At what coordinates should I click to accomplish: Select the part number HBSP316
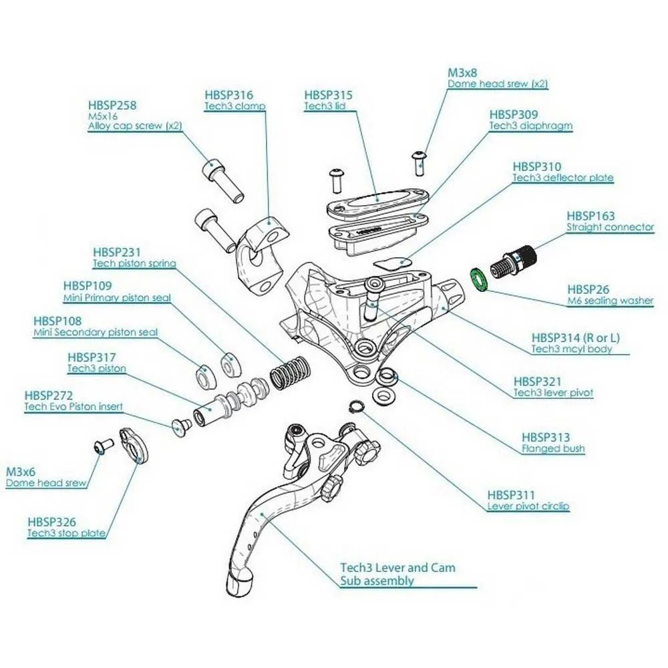[x=230, y=96]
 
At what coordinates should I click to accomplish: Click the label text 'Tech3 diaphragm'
[x=530, y=126]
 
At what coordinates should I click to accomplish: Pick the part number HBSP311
[x=511, y=495]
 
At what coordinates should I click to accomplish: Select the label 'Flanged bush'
[x=552, y=448]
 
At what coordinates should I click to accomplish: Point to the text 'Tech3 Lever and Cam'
[x=397, y=568]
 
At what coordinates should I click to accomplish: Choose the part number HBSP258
[x=114, y=106]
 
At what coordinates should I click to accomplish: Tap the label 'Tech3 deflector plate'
[x=562, y=178]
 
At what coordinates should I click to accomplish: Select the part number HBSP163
[x=591, y=216]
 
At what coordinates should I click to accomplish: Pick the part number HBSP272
[x=49, y=395]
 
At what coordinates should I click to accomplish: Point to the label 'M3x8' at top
[x=462, y=72]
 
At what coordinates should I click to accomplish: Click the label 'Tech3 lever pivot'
[x=552, y=392]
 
